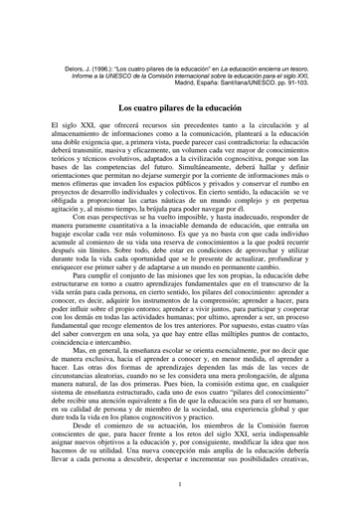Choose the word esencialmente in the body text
[245, 362]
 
